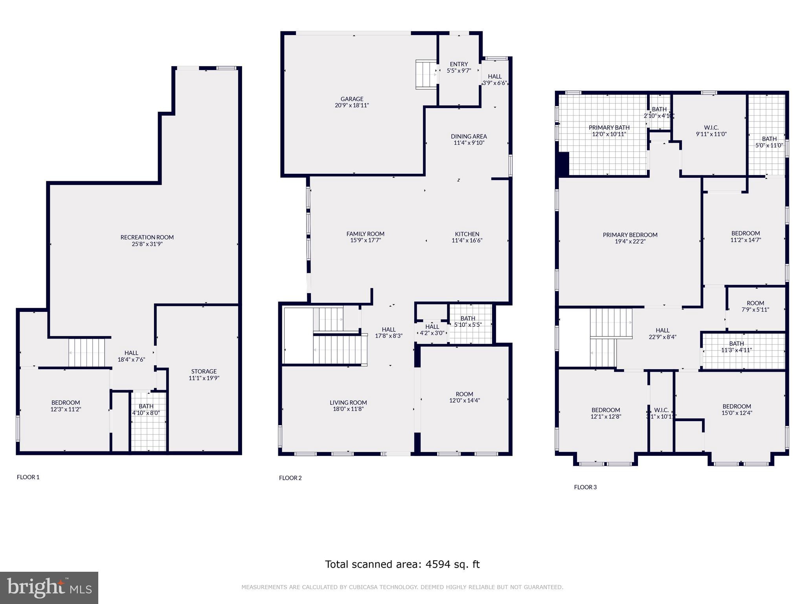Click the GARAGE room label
[x=352, y=99]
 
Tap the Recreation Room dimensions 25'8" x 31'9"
[x=147, y=244]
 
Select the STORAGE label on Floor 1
[x=204, y=371]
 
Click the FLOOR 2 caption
[x=290, y=478]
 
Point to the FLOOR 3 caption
[x=585, y=487]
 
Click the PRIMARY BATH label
[x=609, y=127]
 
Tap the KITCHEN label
[x=467, y=234]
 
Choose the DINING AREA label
[x=469, y=136]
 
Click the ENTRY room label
[x=459, y=64]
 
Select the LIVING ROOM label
[x=348, y=402]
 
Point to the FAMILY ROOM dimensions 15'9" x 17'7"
[x=365, y=240]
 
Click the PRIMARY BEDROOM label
[x=630, y=235]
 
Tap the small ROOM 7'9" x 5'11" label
[x=755, y=303]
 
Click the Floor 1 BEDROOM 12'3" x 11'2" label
[x=66, y=402]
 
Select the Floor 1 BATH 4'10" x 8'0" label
[x=146, y=406]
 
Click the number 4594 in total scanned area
[x=436, y=564]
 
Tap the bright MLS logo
[x=49, y=587]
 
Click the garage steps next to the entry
[x=426, y=74]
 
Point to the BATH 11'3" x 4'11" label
[x=736, y=344]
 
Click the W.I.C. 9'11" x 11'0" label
[x=711, y=127]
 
